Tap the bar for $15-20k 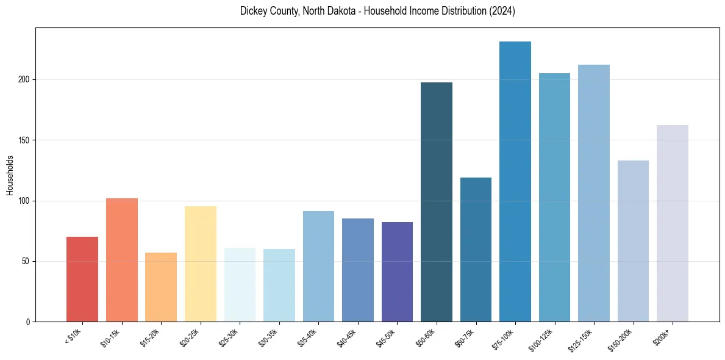(x=161, y=287)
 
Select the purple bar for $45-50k (x=397, y=272)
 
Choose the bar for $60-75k (x=476, y=250)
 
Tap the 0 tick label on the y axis (x=28, y=322)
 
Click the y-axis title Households (x=10, y=175)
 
